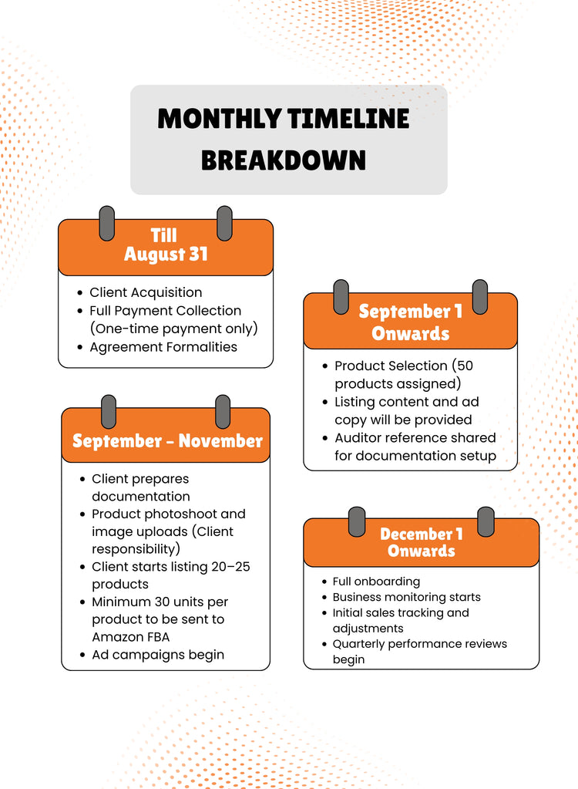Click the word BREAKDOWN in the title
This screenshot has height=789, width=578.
(284, 160)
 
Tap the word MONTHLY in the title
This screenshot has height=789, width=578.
(219, 119)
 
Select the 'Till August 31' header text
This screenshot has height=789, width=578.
(166, 245)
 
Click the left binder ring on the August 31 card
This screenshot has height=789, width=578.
(107, 223)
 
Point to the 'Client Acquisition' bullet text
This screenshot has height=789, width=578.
(146, 292)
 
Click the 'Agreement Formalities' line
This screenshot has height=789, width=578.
(163, 347)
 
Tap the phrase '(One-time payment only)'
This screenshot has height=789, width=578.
(174, 329)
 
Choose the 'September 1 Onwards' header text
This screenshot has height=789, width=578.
(411, 322)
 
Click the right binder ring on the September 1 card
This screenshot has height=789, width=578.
(480, 297)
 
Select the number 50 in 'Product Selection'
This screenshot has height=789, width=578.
(465, 366)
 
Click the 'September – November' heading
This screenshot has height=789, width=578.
(167, 441)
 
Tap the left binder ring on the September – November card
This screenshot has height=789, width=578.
(109, 412)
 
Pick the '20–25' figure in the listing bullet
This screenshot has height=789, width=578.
(230, 567)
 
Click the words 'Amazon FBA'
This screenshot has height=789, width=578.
(131, 637)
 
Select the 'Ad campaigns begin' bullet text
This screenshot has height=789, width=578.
(158, 655)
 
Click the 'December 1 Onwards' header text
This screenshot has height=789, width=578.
(422, 542)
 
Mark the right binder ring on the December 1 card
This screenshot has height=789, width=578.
(486, 522)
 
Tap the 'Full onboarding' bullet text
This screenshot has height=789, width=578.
(376, 582)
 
